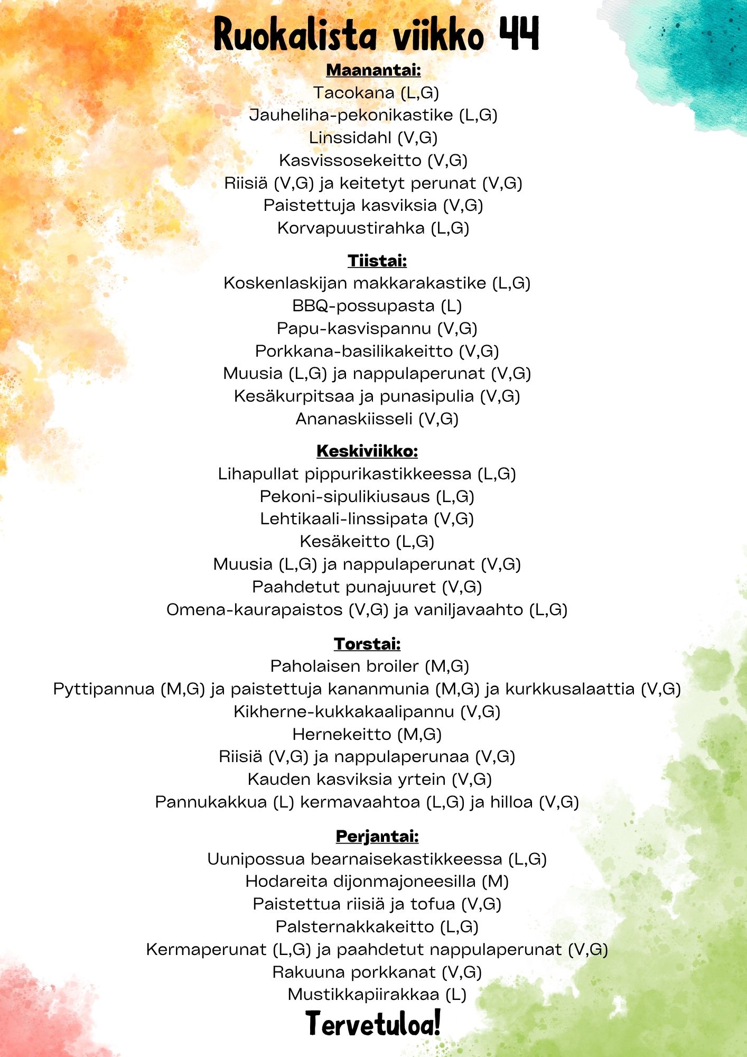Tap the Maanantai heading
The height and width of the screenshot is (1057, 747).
(373, 70)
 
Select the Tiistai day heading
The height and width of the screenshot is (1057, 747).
(377, 261)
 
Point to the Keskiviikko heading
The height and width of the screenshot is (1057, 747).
(367, 451)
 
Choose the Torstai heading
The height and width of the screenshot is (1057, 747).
(367, 644)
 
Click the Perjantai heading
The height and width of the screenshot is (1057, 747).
(377, 836)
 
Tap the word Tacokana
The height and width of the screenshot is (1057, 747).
(353, 93)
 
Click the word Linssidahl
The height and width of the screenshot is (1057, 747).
(350, 138)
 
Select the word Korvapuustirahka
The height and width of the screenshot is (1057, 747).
(351, 228)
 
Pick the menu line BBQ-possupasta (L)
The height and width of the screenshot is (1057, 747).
(377, 306)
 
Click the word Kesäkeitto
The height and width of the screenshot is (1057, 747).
(344, 542)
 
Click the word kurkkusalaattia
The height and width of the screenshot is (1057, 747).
(570, 689)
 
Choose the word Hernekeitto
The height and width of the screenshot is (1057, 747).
(342, 735)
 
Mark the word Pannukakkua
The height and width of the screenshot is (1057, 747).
(211, 802)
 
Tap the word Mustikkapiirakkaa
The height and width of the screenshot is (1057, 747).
(363, 995)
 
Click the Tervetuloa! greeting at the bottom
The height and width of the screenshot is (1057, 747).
(373, 1023)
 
